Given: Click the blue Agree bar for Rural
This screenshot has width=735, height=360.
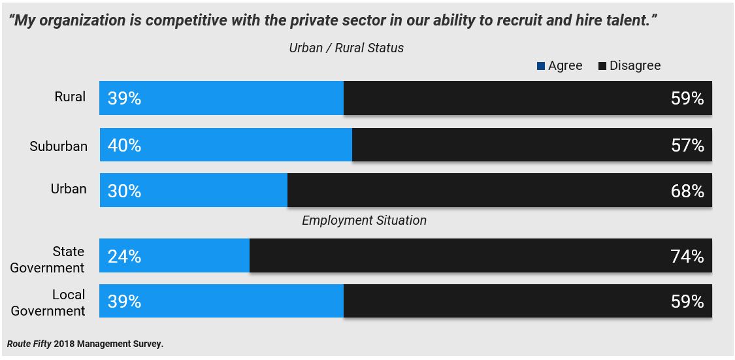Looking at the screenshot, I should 221,98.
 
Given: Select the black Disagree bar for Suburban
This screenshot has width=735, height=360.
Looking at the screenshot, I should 532,145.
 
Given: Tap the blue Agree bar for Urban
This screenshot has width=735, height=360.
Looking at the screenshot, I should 193,190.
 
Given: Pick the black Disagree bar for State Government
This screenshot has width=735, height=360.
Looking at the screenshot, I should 480,255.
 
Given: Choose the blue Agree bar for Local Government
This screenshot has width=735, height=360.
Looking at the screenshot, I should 221,301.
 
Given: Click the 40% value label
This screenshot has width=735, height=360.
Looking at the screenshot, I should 125,145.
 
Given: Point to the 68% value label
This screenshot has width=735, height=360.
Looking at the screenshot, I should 687,191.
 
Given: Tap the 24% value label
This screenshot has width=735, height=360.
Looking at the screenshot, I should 125,256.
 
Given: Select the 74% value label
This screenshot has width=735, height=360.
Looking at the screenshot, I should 687,256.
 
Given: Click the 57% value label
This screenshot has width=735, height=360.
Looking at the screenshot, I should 687,145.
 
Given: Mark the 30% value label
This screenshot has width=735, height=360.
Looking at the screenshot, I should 125,191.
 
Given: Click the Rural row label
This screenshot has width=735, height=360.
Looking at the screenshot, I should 70,97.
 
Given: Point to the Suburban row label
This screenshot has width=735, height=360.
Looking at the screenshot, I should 58,146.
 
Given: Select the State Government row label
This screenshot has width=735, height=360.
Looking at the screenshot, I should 48,259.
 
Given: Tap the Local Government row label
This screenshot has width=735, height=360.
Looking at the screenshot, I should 48,303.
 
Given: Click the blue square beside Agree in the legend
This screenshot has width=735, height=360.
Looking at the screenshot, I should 540,66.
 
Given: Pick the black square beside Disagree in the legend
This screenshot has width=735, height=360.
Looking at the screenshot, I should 602,66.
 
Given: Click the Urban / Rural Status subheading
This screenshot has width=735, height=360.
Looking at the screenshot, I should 346,48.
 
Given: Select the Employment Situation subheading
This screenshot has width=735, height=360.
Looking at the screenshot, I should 364,220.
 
